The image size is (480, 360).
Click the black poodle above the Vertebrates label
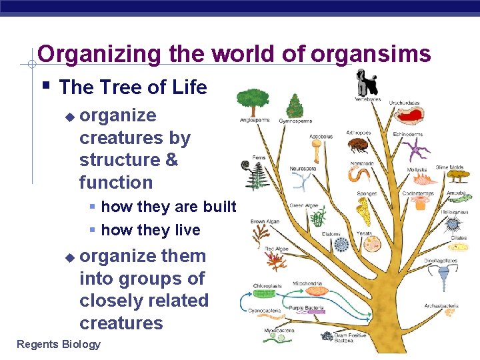pyautogui.click(x=367, y=82)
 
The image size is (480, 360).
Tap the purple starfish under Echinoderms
pyautogui.click(x=418, y=149)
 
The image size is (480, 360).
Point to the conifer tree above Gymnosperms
pyautogui.click(x=294, y=105)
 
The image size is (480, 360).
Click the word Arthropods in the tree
pyautogui.click(x=359, y=133)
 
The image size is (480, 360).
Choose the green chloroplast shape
pyautogui.click(x=264, y=293)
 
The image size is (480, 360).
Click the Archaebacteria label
pyautogui.click(x=441, y=307)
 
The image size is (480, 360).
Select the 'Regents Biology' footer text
pyautogui.click(x=59, y=344)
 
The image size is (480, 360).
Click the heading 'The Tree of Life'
pyautogui.click(x=133, y=87)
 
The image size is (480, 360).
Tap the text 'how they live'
pyautogui.click(x=150, y=230)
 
